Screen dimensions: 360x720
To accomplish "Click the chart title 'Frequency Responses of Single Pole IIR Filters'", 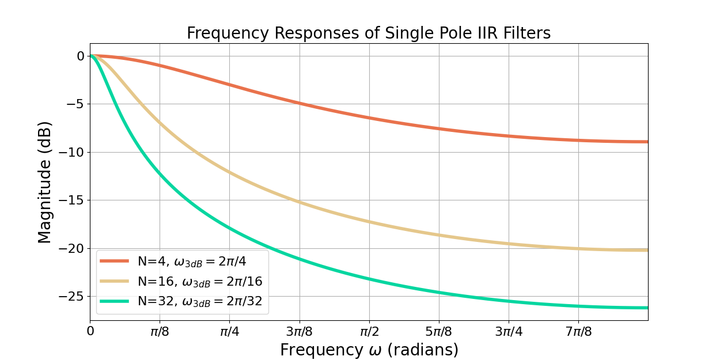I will [369, 33].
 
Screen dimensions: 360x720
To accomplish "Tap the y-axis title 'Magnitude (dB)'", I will [45, 181].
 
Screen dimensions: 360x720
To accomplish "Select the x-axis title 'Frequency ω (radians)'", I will [369, 350].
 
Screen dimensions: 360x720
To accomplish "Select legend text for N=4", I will [192, 261].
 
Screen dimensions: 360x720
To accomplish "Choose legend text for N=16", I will [200, 281].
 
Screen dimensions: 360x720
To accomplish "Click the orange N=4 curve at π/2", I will [369, 118].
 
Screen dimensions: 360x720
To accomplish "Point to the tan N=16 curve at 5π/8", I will [438, 235].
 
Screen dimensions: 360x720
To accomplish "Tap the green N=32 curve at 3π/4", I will [508, 301].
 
